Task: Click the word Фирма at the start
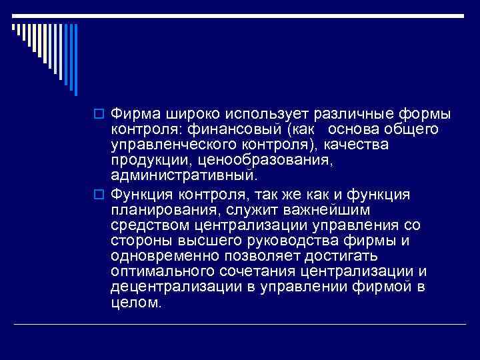(x=133, y=111)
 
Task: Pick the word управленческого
(x=166, y=144)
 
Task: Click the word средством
(x=145, y=225)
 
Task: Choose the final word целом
(x=136, y=305)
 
